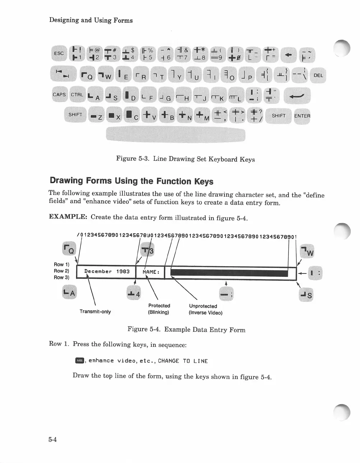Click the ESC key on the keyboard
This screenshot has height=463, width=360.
59,53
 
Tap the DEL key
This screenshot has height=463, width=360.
318,75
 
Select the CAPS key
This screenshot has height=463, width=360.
59,95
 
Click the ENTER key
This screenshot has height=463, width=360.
302,116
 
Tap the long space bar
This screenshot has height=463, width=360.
175,135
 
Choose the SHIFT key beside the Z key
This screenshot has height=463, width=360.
75,114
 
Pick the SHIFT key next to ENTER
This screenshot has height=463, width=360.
278,116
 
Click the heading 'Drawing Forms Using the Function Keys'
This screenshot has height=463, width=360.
131,181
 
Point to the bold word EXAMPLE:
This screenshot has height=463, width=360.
68,217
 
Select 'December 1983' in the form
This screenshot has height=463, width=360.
107,272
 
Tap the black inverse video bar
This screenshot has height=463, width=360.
229,273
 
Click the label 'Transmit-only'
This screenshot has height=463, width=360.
95,312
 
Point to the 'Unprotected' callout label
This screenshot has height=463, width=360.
203,306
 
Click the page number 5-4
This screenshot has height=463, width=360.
53,439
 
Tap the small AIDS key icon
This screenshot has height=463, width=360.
79,361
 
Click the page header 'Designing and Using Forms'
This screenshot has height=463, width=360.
91,20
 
